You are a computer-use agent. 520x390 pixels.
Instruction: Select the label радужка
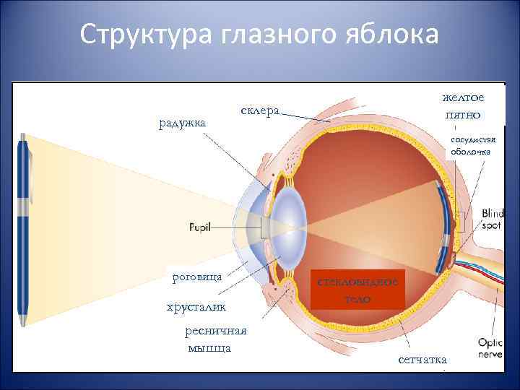[182, 123]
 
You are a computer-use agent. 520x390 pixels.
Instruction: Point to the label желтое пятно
[463, 107]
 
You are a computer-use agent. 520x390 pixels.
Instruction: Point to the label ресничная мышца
[216, 339]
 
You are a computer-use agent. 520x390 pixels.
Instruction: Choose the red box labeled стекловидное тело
[358, 290]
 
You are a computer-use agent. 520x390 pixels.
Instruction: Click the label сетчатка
[422, 359]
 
